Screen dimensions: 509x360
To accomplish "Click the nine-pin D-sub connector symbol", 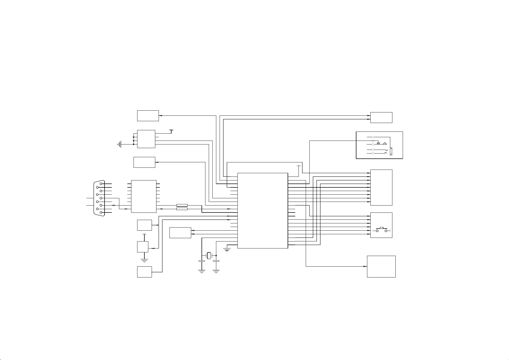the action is click(x=98, y=198).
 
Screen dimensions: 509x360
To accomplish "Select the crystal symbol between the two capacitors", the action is click(x=209, y=255).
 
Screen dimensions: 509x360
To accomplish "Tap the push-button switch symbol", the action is click(x=382, y=230).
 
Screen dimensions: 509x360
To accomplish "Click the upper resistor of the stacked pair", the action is click(x=182, y=205).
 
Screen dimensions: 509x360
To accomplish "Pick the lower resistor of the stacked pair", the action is click(x=182, y=209).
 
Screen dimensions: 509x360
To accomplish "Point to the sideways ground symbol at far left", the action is click(x=120, y=144).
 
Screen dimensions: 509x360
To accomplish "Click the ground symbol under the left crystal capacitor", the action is click(x=201, y=271).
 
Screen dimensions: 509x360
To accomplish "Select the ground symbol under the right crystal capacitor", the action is click(x=216, y=271).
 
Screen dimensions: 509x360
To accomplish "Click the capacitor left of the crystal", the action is click(x=201, y=261).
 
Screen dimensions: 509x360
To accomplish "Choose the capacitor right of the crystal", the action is click(x=216, y=261).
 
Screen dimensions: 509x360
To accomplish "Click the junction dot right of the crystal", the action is click(x=216, y=255).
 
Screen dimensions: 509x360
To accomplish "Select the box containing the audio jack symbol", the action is click(x=379, y=145).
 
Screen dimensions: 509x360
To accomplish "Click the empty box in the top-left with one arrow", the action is click(x=148, y=116).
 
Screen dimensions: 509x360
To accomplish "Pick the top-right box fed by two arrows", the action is click(x=381, y=118).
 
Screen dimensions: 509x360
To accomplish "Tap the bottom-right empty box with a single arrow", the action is click(x=381, y=266).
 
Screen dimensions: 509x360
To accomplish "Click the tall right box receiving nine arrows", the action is click(x=381, y=187).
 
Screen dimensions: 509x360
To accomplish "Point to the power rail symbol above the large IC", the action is click(x=299, y=166).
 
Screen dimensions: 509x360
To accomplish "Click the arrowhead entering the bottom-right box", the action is click(x=365, y=266).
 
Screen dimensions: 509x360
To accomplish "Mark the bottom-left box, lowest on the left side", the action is click(x=144, y=272).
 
